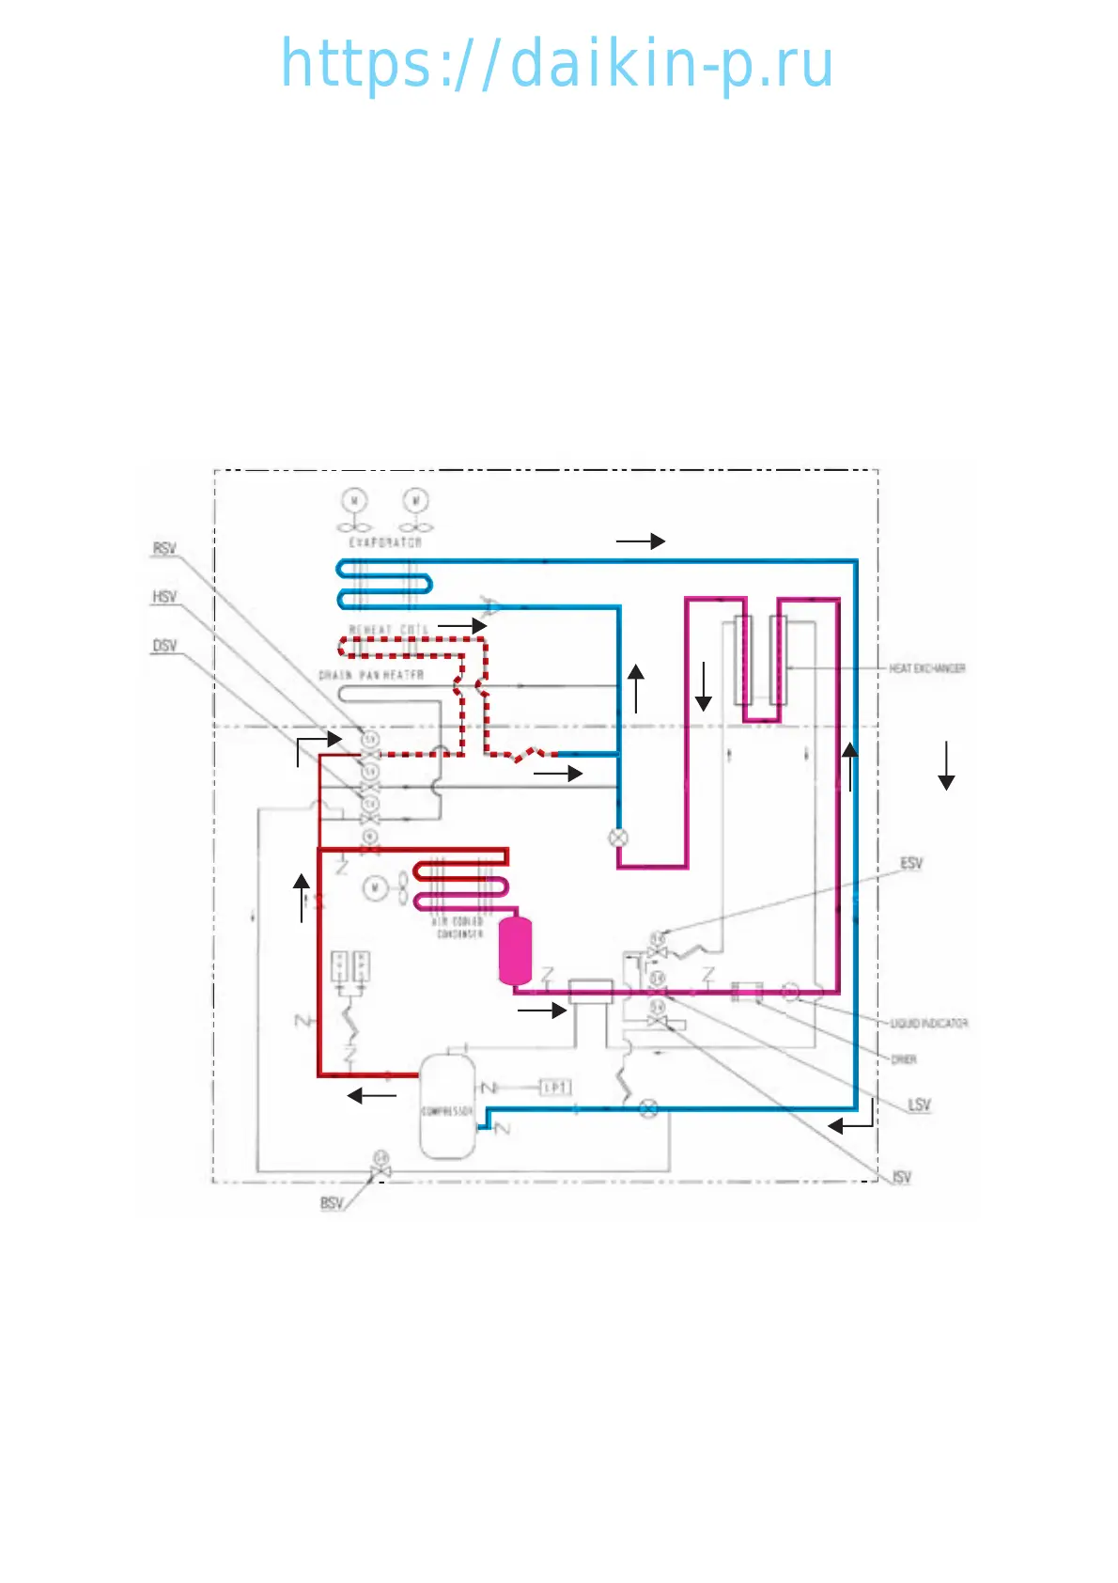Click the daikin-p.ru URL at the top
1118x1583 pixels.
tap(557, 64)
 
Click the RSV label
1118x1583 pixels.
tap(164, 548)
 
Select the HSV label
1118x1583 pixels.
tap(164, 597)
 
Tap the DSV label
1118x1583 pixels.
tap(164, 646)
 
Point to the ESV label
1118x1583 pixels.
tap(911, 863)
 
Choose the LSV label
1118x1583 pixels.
tap(919, 1105)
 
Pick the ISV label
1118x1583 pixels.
tap(902, 1177)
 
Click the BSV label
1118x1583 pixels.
tap(332, 1203)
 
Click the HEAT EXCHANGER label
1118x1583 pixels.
tap(927, 668)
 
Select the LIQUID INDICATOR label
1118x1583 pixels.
tap(929, 1023)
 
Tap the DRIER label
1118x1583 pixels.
tap(904, 1059)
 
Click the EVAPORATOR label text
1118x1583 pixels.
tap(385, 542)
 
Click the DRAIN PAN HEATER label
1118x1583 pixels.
tap(371, 675)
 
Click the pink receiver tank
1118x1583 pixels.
tap(515, 950)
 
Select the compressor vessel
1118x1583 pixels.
tap(446, 1107)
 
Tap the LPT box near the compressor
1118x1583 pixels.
tap(555, 1088)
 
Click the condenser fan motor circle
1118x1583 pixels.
tap(375, 887)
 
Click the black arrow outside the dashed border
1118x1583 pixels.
tap(946, 765)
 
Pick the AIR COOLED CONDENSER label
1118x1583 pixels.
tap(459, 928)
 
